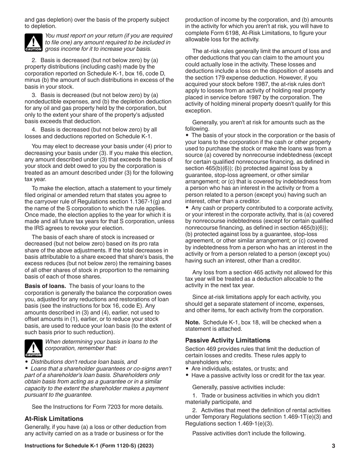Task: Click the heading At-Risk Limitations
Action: tap(54, 419)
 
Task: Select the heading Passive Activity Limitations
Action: tap(227, 340)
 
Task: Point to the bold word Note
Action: tap(192, 322)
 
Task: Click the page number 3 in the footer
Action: tap(333, 446)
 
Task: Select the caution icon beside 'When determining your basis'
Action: tap(33, 348)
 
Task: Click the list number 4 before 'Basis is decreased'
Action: tap(33, 130)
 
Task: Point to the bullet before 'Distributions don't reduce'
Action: tap(27, 362)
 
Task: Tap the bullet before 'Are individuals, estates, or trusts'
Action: tap(187, 368)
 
